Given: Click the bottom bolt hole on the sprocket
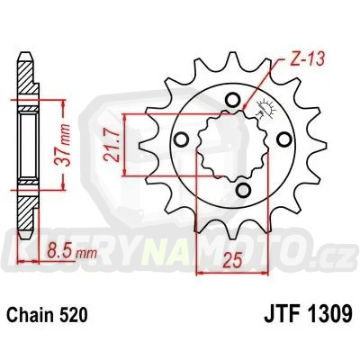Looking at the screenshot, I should pos(246,190).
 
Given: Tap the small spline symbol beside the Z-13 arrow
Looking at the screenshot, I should pos(264,114).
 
